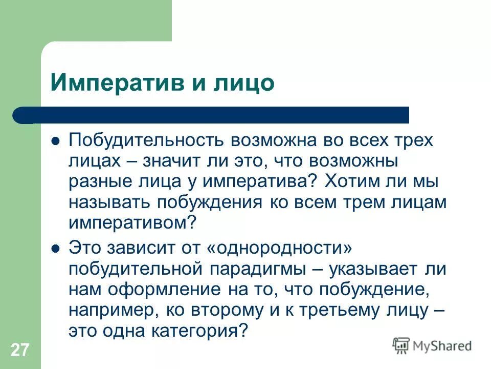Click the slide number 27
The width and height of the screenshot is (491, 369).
[20, 351]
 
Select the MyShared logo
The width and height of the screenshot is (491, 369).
[432, 345]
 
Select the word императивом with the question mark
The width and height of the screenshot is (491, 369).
[132, 222]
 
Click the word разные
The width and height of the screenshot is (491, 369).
[99, 181]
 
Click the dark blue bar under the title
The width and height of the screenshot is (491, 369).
[215, 115]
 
